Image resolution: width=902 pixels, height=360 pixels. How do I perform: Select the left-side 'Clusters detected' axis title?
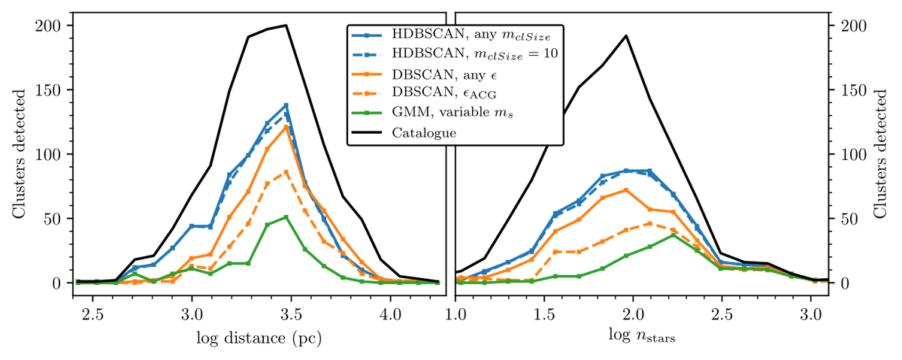coord(17,155)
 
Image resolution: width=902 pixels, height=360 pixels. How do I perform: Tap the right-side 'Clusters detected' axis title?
coord(884,155)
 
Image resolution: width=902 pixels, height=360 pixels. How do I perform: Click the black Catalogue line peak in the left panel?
coord(286,26)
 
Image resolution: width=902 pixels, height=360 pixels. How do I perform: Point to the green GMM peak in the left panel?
coord(286,217)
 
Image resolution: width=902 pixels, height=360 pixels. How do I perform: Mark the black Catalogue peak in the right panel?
coord(626,35)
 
